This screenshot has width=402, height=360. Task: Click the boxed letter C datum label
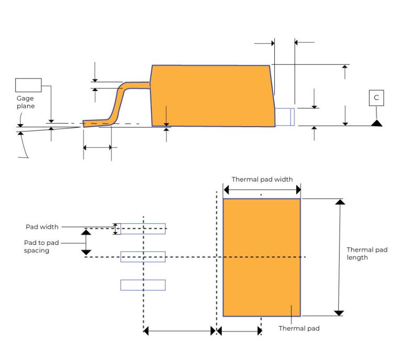tap(376, 97)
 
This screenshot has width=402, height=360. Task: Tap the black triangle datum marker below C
tap(376, 123)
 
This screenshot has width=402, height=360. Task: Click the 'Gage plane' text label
tap(25, 102)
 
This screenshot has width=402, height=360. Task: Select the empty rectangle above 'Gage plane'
tap(28, 85)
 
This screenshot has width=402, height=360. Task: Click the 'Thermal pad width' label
tap(262, 179)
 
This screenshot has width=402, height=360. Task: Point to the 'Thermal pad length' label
tap(367, 254)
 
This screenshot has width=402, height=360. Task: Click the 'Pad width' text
tap(42, 227)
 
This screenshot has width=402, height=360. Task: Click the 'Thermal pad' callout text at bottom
tap(299, 329)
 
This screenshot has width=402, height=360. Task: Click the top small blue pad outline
tap(143, 229)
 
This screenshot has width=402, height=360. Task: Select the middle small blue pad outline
tap(143, 257)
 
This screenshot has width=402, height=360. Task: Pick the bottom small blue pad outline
tap(143, 285)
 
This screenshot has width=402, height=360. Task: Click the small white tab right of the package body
tap(285, 117)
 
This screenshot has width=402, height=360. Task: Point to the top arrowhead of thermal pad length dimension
tap(340, 202)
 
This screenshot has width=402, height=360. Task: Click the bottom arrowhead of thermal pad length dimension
tap(339, 313)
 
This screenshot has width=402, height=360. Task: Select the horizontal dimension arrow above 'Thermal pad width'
tap(262, 190)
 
